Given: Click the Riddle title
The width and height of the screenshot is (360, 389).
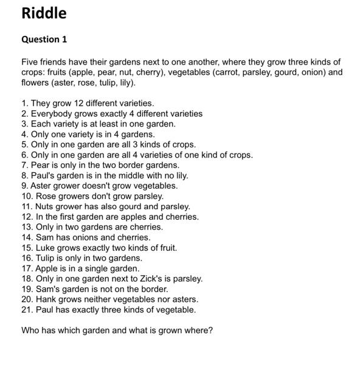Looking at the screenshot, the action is (44, 13).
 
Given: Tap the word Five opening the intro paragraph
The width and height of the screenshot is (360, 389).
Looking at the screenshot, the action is (30, 62).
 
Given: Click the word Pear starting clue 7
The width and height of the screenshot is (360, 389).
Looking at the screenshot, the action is (41, 165).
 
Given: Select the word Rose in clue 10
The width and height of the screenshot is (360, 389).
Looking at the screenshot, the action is (46, 196).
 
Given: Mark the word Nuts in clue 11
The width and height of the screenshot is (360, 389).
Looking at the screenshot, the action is (46, 206).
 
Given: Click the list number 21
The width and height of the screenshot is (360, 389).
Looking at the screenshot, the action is (26, 310).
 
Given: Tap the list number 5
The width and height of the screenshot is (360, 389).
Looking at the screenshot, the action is (24, 145).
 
